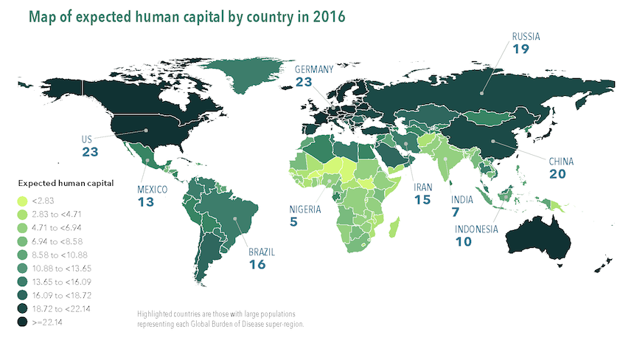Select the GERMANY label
click(x=314, y=69)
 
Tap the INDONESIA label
click(x=475, y=229)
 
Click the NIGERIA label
click(x=306, y=209)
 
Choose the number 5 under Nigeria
click(x=294, y=222)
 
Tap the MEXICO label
click(x=153, y=190)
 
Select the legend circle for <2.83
click(x=24, y=200)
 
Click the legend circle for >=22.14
click(x=24, y=322)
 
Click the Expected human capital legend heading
click(x=58, y=183)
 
